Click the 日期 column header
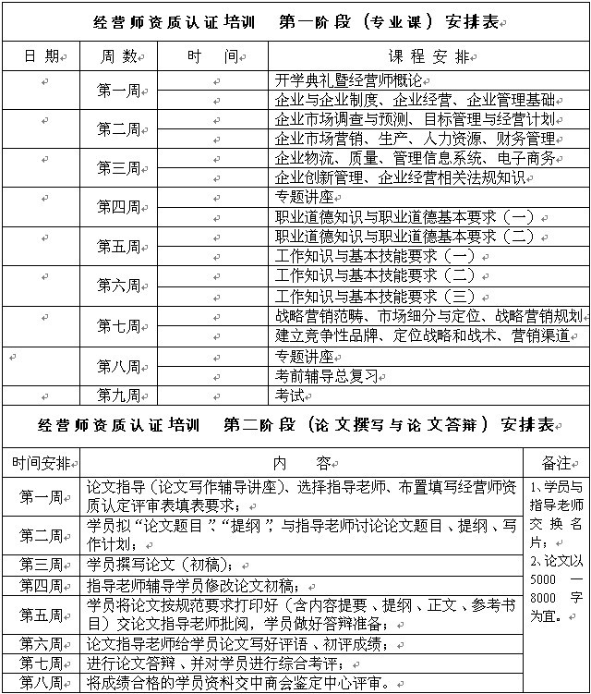tap(41, 56)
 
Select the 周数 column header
tap(119, 56)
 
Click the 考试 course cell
tap(290, 396)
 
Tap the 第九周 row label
tap(119, 396)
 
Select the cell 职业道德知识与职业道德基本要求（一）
tap(405, 216)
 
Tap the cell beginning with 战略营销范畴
tap(428, 316)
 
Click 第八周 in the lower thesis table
tap(41, 684)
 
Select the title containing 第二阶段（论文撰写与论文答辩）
tap(295, 425)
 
